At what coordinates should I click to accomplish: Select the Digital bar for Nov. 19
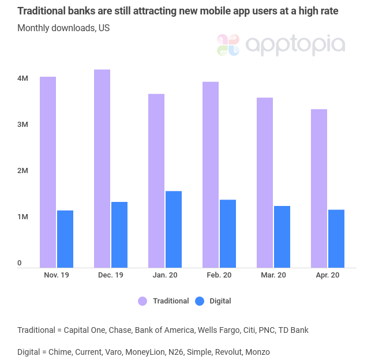65,239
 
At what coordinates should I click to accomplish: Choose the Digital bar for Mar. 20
282,237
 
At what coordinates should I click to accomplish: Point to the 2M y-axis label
22,171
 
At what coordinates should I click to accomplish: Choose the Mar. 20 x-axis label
273,275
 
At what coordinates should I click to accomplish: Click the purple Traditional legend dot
142,301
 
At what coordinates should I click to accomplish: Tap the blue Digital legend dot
200,301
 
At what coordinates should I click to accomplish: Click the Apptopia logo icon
228,45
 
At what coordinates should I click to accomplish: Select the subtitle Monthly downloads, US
63,28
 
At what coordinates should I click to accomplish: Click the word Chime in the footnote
61,351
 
